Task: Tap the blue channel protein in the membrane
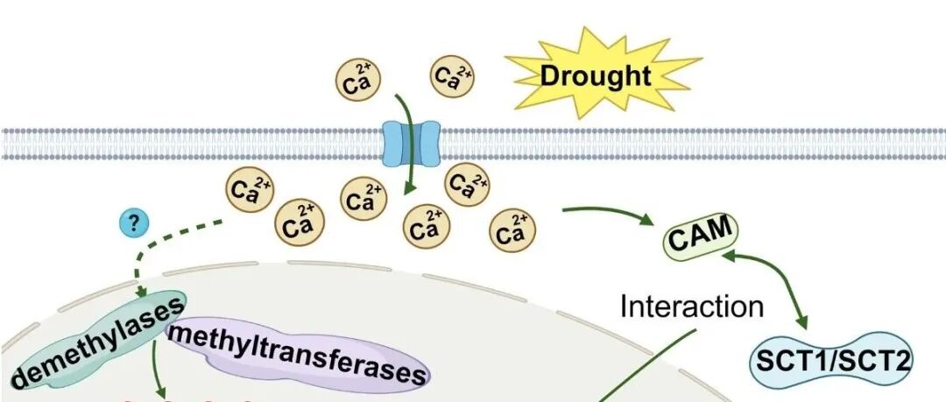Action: point(411,143)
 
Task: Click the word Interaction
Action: point(691,307)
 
